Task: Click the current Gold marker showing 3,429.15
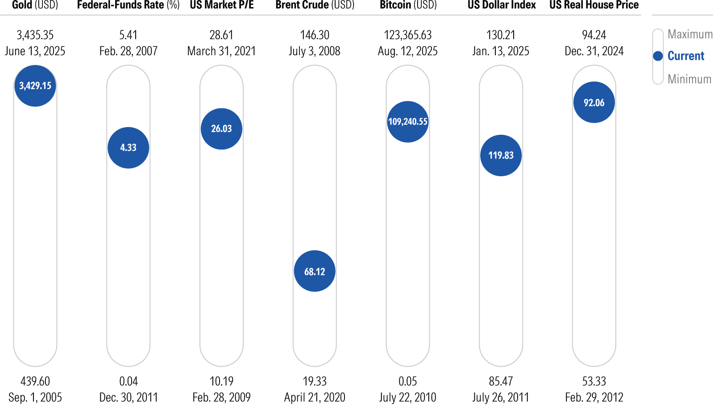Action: click(35, 86)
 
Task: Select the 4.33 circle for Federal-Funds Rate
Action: click(129, 148)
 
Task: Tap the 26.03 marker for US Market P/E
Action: click(221, 128)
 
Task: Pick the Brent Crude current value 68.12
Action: click(315, 271)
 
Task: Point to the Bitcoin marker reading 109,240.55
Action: click(408, 121)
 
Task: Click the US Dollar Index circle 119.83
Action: click(501, 155)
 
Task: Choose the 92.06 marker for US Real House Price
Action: click(594, 103)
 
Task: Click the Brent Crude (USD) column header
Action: click(315, 5)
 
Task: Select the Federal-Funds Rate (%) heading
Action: click(128, 5)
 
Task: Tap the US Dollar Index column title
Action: click(502, 5)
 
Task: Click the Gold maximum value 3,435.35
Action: click(35, 35)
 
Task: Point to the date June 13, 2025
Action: click(35, 51)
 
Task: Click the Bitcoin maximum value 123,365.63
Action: click(408, 35)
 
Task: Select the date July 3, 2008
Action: click(315, 51)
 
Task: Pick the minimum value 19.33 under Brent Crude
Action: click(315, 381)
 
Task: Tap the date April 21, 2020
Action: click(315, 397)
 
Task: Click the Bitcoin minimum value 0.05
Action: click(408, 381)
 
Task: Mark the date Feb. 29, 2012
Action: click(594, 397)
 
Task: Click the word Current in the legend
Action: click(685, 56)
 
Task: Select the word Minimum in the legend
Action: click(689, 79)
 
